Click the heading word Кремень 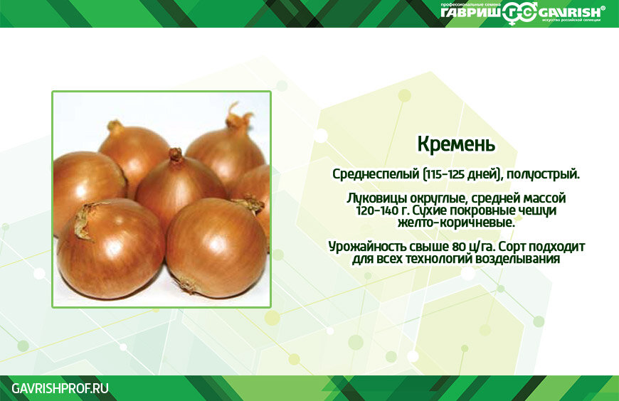(456, 144)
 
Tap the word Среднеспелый (376, 174)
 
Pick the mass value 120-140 (376, 210)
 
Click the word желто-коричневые (456, 223)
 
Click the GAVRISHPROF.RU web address (60, 388)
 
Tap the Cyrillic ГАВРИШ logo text (471, 13)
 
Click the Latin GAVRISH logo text (569, 13)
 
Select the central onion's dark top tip (176, 154)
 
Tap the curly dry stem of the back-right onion (238, 116)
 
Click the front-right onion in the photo (216, 248)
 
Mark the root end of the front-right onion (186, 284)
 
